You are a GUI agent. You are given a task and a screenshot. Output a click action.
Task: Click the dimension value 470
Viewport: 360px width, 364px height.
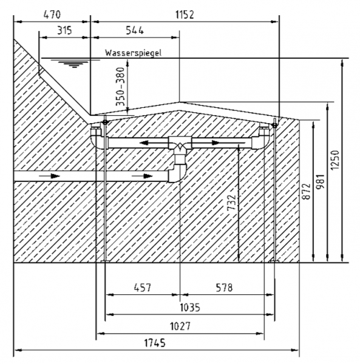[x=52, y=15]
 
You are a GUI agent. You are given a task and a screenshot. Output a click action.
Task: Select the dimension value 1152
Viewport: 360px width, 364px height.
[x=185, y=15]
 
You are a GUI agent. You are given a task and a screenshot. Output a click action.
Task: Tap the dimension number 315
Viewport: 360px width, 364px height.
[x=64, y=30]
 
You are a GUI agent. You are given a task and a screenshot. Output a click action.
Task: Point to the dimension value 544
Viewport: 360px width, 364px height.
[x=135, y=30]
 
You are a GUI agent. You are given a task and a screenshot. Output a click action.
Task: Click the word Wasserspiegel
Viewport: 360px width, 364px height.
[x=133, y=53]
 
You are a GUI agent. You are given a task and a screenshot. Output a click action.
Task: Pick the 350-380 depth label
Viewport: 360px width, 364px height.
[x=121, y=86]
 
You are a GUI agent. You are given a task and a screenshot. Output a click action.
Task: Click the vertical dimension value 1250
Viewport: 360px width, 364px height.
[x=335, y=160]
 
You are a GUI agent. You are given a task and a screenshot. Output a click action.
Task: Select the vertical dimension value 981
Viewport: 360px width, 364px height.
[x=321, y=181]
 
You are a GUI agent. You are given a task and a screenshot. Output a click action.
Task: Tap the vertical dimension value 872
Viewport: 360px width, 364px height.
[x=306, y=192]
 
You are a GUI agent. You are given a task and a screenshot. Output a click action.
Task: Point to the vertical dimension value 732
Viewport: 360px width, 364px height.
[x=231, y=203]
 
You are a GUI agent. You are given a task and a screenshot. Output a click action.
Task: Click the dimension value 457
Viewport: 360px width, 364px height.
[x=143, y=288]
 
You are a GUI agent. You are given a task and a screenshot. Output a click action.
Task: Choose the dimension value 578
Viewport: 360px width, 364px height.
[x=224, y=288]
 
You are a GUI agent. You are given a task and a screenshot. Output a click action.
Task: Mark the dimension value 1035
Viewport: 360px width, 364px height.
[x=190, y=308]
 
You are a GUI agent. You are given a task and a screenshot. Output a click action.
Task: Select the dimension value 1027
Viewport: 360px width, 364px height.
[x=180, y=326]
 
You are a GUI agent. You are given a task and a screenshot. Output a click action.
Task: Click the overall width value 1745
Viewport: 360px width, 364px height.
[x=155, y=343]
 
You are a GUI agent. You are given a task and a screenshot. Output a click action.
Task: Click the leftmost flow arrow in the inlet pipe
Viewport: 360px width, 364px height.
[x=50, y=176]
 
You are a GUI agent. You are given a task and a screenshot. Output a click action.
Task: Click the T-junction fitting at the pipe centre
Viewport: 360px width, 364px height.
[x=180, y=146]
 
